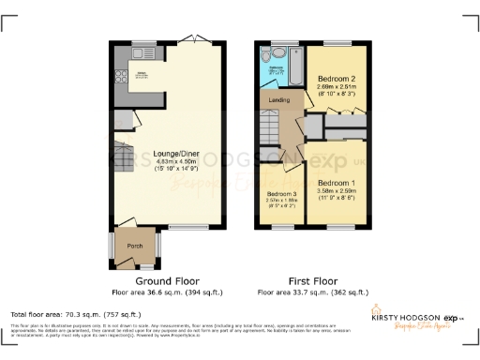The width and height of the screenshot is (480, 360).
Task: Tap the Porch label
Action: [134, 248]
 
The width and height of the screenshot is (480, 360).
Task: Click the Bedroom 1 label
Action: [335, 182]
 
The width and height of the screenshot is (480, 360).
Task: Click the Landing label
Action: [278, 100]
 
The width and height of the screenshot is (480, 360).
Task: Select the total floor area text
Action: [75, 314]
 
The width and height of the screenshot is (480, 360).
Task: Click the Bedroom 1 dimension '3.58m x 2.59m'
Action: [335, 190]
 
